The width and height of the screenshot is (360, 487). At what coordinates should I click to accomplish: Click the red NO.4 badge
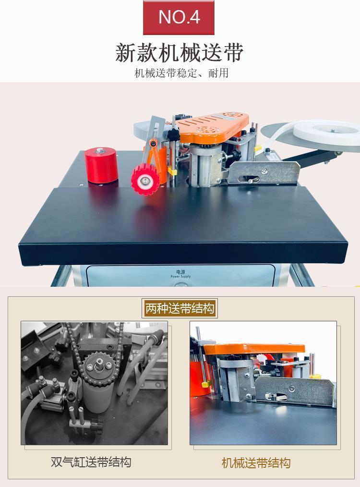point(179,17)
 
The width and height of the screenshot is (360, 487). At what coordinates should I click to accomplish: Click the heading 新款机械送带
point(180,53)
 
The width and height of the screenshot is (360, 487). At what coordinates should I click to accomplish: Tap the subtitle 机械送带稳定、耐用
point(181,73)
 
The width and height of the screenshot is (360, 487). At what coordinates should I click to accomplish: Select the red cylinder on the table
point(101,165)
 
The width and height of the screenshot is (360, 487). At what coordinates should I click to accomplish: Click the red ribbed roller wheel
point(145,180)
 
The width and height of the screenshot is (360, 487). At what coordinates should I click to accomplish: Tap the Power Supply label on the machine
point(180,274)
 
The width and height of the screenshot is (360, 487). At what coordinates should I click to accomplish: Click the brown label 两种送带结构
point(180,308)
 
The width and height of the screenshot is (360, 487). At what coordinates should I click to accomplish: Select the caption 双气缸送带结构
point(91,462)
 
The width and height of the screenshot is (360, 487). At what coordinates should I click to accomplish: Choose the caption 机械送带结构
point(256,463)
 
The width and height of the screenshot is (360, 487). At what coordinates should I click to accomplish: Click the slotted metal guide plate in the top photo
point(264,173)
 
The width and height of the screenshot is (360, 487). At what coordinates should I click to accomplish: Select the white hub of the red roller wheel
point(144,180)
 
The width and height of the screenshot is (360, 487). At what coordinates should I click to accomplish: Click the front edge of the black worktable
point(183,253)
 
